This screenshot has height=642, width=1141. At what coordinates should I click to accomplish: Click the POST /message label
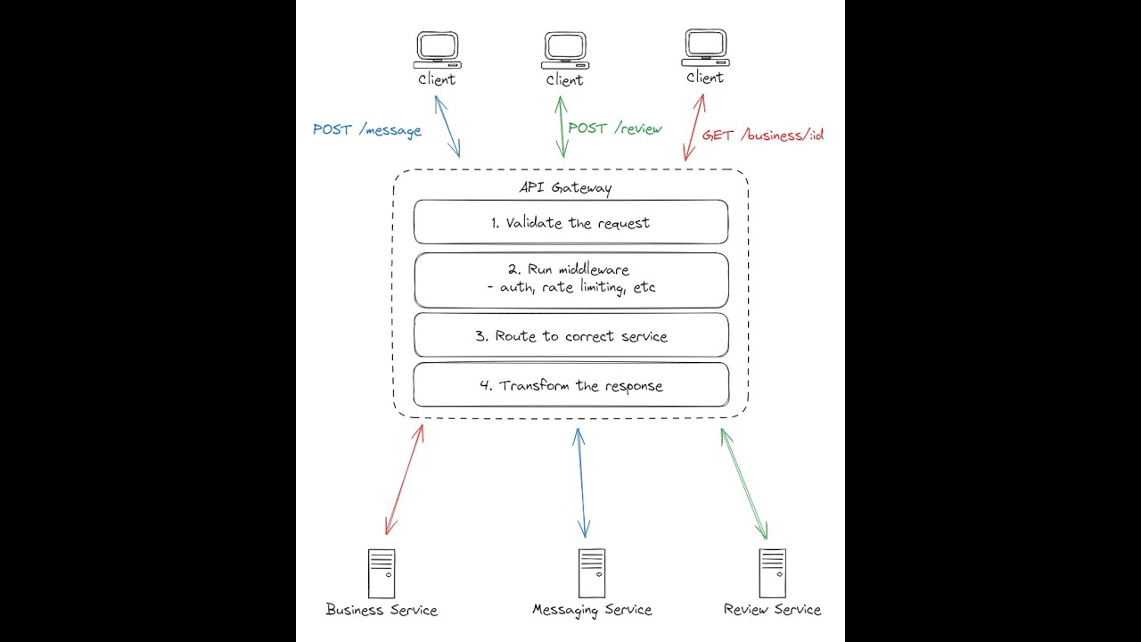click(366, 130)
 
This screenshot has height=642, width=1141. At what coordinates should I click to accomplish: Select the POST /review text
click(615, 128)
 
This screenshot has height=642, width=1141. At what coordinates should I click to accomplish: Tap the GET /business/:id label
click(762, 136)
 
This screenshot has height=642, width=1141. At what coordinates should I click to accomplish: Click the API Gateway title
click(565, 187)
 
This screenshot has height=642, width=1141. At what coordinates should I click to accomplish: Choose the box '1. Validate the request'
click(570, 223)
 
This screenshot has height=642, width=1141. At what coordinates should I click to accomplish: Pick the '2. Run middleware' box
click(570, 279)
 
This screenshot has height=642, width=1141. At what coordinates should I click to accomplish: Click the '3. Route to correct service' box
click(570, 336)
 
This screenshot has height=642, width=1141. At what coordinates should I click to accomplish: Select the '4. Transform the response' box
click(570, 386)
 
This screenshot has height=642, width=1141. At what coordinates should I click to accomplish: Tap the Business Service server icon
click(382, 573)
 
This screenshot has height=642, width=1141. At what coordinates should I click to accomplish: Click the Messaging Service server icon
click(592, 573)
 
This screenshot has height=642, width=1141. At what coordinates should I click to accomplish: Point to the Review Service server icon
click(772, 573)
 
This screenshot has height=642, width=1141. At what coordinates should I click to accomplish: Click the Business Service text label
click(382, 611)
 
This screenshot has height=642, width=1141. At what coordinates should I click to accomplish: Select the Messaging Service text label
click(592, 611)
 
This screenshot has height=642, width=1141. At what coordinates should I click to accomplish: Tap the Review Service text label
click(772, 610)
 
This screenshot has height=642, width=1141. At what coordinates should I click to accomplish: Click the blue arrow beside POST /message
click(447, 127)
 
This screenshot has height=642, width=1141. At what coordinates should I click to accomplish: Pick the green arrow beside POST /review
click(562, 127)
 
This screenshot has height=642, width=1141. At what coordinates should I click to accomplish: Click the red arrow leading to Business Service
click(405, 480)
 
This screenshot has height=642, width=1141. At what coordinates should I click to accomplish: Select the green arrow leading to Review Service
click(744, 484)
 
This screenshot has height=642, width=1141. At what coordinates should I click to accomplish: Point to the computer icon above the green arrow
click(565, 51)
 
